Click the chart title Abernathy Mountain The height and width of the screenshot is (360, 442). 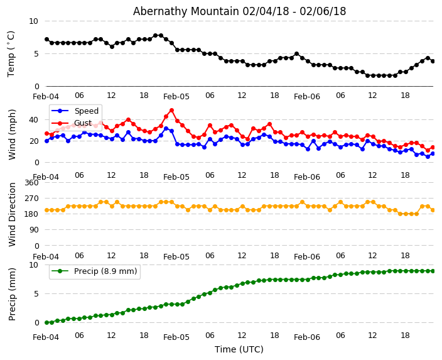click(x=239, y=11)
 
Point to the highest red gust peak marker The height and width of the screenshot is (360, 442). click(x=171, y=111)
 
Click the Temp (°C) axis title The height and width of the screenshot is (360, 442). click(x=11, y=53)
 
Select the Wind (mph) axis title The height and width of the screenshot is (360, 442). click(x=12, y=134)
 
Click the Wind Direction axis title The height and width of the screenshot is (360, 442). click(x=12, y=214)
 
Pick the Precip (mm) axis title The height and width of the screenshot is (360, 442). click(x=12, y=293)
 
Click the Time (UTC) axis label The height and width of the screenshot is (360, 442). click(x=239, y=349)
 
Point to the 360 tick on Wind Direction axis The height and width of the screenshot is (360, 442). click(x=31, y=183)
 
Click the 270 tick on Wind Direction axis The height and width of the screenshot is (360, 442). click(x=31, y=199)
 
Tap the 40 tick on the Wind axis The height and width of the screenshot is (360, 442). click(x=34, y=119)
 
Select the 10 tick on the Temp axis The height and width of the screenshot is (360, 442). click(x=33, y=21)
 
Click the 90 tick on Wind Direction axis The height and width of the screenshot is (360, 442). click(x=33, y=230)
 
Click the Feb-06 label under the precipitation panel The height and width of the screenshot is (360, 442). click(x=307, y=337)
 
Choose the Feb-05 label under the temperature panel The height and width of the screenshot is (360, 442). click(x=176, y=97)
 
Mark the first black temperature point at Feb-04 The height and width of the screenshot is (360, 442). click(x=46, y=40)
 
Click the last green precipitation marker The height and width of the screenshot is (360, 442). click(x=433, y=271)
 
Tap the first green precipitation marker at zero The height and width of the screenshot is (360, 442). click(x=46, y=322)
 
